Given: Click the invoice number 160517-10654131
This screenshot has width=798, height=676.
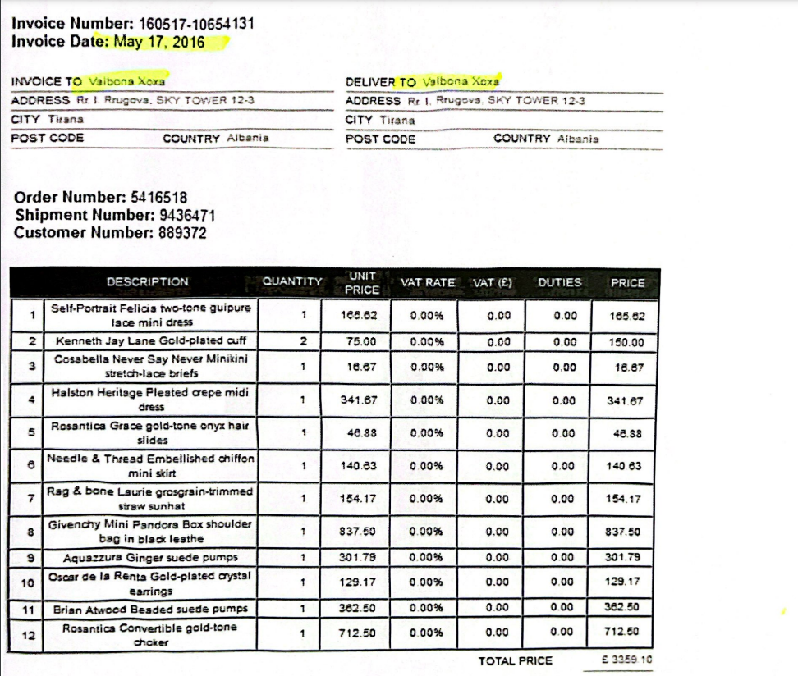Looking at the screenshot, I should coord(192,23).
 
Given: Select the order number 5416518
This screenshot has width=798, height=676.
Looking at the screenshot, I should coord(154,197).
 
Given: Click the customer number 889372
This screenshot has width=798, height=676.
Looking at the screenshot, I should coord(180,233).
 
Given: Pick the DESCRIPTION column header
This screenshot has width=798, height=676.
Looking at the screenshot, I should coord(148,282).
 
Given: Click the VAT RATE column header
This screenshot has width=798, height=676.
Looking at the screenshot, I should coord(427,282).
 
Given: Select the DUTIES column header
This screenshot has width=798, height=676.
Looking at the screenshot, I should coord(559,282).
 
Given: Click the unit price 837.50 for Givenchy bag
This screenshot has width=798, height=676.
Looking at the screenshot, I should coord(358,531).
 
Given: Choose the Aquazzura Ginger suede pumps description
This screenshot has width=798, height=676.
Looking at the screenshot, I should coord(150,558).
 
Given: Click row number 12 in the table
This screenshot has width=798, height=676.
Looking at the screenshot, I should coord(30,634).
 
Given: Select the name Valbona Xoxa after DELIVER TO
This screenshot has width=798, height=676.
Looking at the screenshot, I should coord(461,82).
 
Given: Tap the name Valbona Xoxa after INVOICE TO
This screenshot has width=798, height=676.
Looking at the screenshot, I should coord(127,81).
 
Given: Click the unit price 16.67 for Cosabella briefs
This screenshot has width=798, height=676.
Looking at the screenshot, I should coord(358,367).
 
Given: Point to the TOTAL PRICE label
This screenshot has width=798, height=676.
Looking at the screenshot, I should coord(516,660).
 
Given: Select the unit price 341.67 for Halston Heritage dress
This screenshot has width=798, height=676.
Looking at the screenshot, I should coord(358,400).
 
